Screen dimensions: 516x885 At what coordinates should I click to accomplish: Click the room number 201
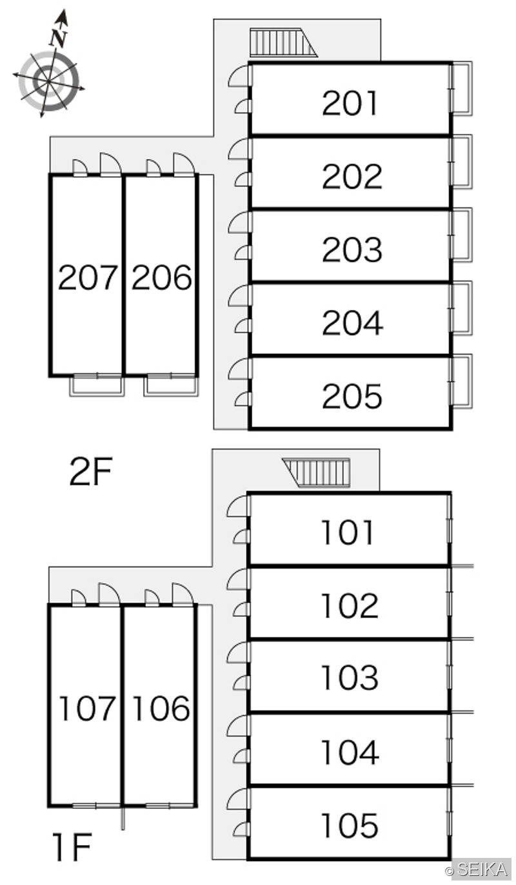click(350, 103)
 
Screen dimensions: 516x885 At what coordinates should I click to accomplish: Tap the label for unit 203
click(352, 249)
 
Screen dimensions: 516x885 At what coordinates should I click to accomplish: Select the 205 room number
click(352, 396)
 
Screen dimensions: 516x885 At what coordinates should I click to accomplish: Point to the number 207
click(88, 277)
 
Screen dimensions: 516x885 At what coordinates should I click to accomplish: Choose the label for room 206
click(161, 277)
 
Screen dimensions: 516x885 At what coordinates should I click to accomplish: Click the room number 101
click(347, 532)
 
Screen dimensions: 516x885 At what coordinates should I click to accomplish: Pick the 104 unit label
click(350, 752)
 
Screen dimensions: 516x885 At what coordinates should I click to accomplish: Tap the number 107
click(87, 708)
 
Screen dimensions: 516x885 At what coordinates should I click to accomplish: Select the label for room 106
click(161, 708)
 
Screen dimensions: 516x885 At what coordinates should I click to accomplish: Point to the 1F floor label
click(73, 846)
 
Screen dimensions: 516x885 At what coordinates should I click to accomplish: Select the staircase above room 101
click(316, 473)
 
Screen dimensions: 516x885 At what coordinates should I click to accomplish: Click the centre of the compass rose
click(48, 81)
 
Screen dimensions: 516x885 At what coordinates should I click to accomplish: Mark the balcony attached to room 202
click(462, 162)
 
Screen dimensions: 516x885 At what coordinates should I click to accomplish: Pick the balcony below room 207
click(97, 385)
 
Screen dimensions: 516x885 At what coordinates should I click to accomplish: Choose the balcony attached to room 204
click(462, 309)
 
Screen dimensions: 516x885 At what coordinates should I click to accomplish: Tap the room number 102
click(350, 606)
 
